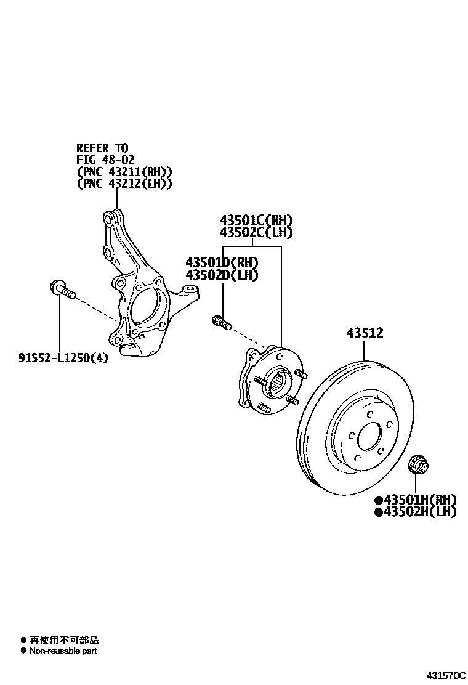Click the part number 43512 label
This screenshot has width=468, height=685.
pos(365,333)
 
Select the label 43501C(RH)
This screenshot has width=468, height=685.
pos(256,221)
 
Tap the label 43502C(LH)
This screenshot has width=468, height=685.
pos(256,232)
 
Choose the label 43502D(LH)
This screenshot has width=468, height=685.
pos(222,275)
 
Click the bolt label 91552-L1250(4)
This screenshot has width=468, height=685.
pos(63,357)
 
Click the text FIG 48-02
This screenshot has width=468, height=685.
pos(105,160)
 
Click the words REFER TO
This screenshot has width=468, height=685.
pos(102,148)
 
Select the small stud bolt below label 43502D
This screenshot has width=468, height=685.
pos(221,322)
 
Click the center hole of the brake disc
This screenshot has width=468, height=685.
pos(369,437)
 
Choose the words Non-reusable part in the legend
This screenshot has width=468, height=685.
pos(63,651)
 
